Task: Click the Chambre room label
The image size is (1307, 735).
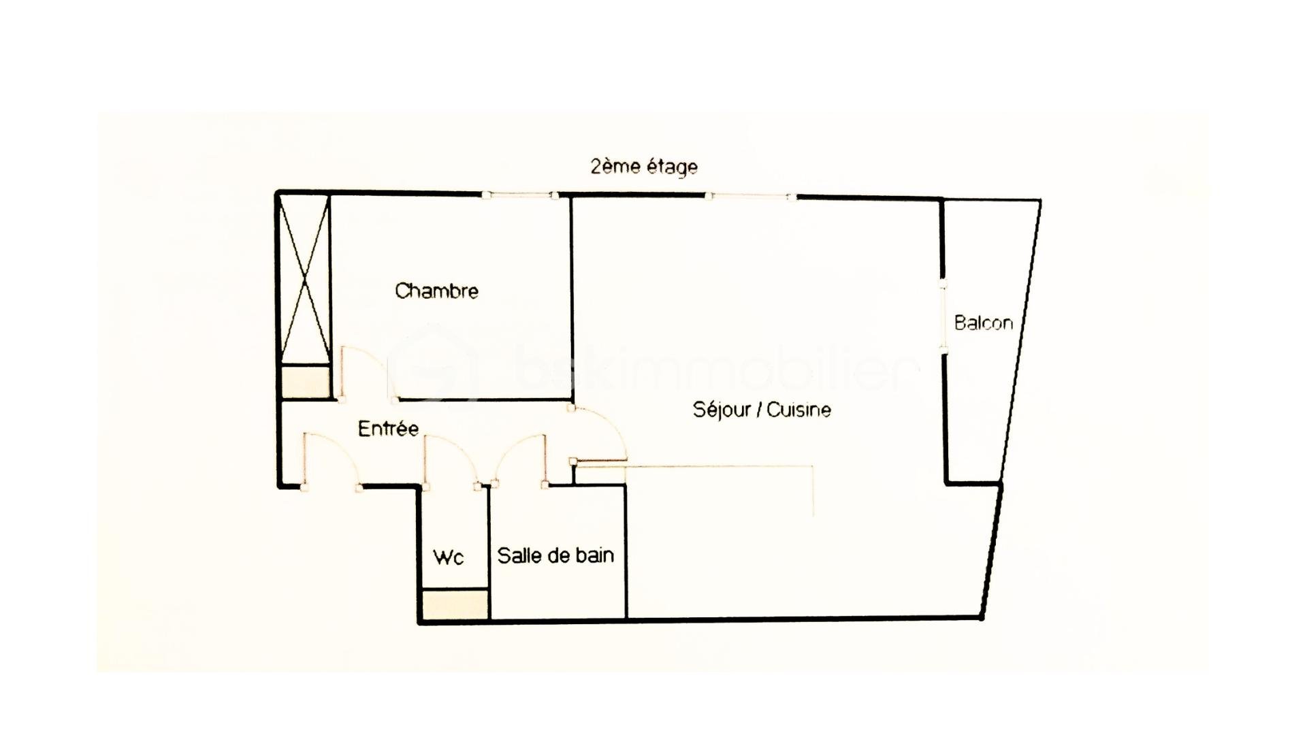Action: coord(436,291)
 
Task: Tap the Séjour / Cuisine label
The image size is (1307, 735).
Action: coord(761,410)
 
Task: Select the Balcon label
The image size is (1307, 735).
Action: coord(983,323)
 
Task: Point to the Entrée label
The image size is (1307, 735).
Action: coord(388,429)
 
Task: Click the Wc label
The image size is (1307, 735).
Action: coord(449,557)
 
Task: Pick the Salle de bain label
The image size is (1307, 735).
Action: coord(555,555)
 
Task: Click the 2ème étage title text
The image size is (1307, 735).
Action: coord(644,167)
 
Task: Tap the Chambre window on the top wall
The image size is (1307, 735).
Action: coord(520,196)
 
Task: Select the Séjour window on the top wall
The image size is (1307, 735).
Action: coord(749,197)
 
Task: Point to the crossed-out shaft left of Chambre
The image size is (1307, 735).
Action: coord(305,279)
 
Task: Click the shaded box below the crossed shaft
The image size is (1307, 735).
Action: coord(305,382)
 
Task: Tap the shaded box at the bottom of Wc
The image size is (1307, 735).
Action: coord(455,604)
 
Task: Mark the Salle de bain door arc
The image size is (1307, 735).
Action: coord(514,453)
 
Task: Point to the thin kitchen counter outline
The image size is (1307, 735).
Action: coord(722,467)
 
